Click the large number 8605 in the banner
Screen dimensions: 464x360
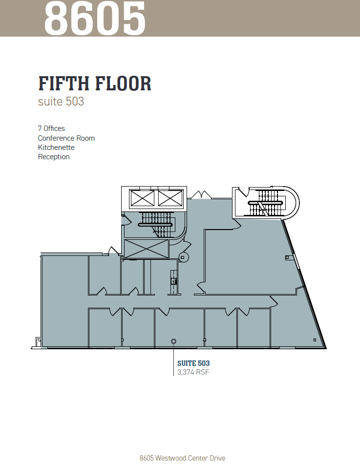(x=95, y=19)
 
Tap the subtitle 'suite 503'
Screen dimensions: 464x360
(x=61, y=102)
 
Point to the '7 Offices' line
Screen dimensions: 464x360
(x=51, y=128)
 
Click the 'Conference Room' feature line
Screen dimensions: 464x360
(x=66, y=138)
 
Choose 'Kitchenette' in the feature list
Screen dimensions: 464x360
(x=56, y=148)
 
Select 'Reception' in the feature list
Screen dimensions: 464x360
(x=54, y=157)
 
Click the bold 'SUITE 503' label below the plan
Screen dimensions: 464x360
(x=193, y=363)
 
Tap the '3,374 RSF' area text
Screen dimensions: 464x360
(x=193, y=372)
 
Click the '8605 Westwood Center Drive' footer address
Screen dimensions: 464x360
(x=182, y=458)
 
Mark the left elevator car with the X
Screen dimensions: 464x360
(x=141, y=197)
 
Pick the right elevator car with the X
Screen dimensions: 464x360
(x=170, y=197)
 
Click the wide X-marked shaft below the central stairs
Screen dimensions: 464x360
(x=146, y=249)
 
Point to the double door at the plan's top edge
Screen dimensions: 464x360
(x=201, y=195)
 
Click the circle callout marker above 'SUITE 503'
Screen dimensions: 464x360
(x=173, y=341)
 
